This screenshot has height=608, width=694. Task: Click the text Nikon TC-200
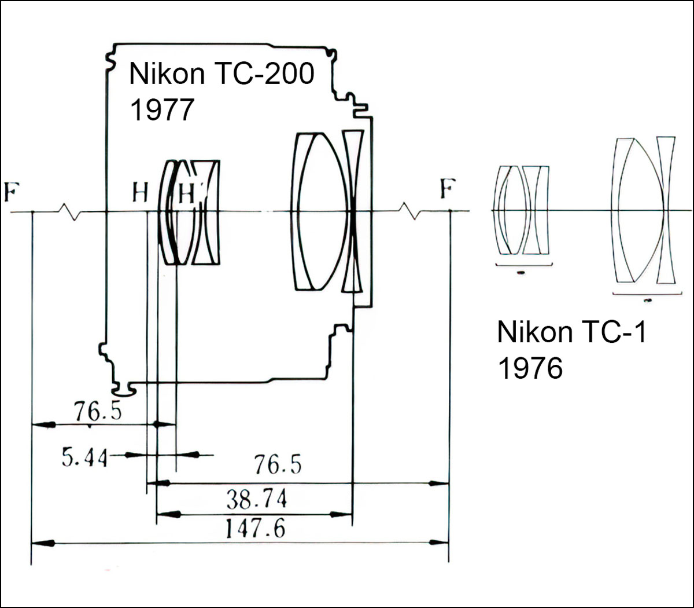[x=222, y=74]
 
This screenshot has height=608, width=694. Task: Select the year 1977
[x=161, y=109]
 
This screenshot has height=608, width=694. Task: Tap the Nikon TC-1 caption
[x=571, y=332]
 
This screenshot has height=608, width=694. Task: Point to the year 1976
[x=530, y=368]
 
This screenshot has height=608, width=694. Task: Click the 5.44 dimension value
[x=84, y=458]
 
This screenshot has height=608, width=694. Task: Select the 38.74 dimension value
[x=256, y=499]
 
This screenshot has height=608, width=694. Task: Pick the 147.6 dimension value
[x=255, y=528]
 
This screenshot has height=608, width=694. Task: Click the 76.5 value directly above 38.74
[x=278, y=464]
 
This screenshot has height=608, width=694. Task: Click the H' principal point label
[x=187, y=193]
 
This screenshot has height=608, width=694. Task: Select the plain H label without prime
[x=140, y=192]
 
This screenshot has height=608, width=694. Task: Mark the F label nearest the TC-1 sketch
[x=447, y=189]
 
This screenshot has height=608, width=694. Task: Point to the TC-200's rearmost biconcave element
[x=352, y=211]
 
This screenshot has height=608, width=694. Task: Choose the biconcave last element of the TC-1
[x=666, y=211]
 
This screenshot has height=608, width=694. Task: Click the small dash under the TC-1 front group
[x=521, y=271]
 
